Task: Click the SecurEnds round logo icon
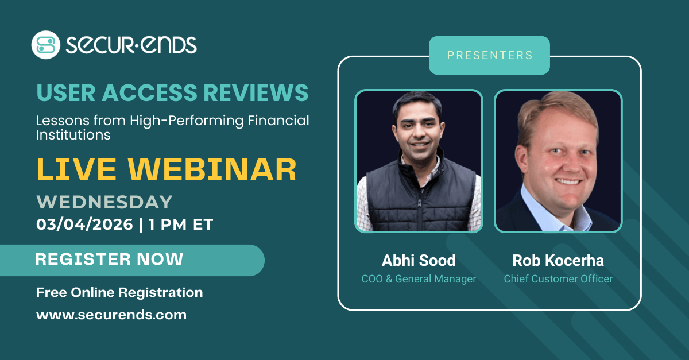(45, 45)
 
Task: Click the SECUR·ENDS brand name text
(131, 45)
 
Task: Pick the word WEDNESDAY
(104, 202)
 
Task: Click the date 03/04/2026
(84, 224)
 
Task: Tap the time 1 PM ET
(180, 224)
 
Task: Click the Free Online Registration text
(119, 292)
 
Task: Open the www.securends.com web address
(111, 315)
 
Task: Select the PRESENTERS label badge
(489, 56)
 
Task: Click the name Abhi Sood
(419, 260)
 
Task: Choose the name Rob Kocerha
(558, 260)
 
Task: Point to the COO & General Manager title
(419, 279)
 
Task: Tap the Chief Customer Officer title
(558, 279)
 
